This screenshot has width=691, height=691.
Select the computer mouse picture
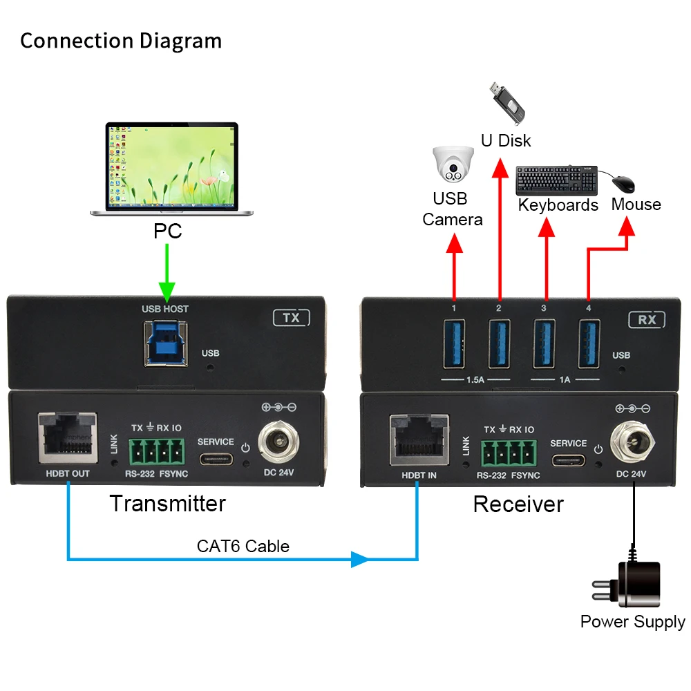(623, 183)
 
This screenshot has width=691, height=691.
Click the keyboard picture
(557, 180)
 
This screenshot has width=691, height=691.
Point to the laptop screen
(171, 165)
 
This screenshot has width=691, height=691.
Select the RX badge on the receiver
(646, 319)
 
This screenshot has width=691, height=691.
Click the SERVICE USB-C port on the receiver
(569, 460)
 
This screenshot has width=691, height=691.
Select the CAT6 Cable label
(243, 547)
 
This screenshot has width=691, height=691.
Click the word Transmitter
(167, 503)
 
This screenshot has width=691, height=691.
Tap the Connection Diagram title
(121, 41)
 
